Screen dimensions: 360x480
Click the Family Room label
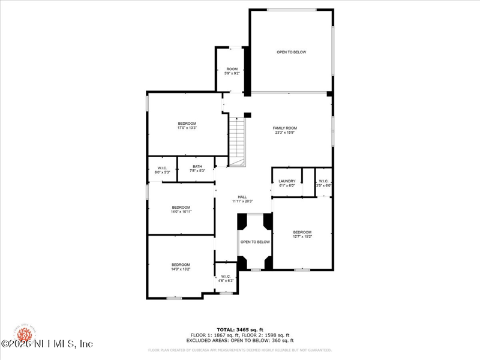click(285, 128)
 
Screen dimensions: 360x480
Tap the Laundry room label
click(287, 181)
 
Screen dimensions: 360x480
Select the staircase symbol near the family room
click(238, 141)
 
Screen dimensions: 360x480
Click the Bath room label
click(197, 166)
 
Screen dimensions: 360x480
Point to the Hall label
click(242, 197)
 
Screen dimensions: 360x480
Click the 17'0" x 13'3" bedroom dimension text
click(187, 128)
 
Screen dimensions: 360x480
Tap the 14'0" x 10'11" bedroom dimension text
click(181, 212)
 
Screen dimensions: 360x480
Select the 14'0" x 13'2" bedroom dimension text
click(181, 269)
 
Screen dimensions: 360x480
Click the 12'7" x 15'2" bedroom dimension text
click(302, 236)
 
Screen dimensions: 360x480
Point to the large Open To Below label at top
click(291, 52)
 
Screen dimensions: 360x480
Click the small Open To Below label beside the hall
click(255, 242)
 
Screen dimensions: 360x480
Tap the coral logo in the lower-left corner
click(24, 332)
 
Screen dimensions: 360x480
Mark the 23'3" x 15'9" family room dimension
click(286, 133)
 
